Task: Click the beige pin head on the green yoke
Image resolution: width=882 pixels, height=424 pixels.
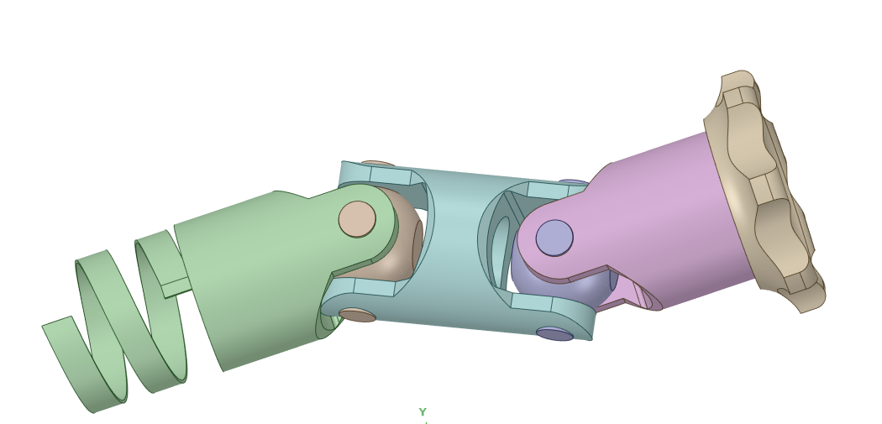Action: click(x=357, y=218)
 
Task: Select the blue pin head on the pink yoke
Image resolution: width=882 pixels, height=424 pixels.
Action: click(x=554, y=238)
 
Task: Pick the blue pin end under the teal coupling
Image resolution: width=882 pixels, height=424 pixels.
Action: click(x=554, y=333)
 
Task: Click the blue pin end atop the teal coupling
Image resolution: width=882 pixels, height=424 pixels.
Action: click(x=574, y=181)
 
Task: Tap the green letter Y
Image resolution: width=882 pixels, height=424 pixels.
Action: click(x=423, y=412)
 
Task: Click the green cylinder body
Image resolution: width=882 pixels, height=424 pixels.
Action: click(x=252, y=277)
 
